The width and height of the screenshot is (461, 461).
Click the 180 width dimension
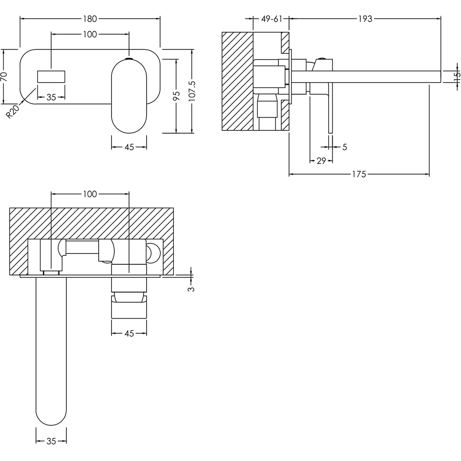pos(90,19)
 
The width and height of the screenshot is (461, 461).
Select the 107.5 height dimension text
pos(192,90)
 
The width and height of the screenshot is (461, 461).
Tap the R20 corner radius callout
pos(13,111)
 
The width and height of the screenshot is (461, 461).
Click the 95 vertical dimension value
pos(176,96)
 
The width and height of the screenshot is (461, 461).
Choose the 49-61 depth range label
pos(271,19)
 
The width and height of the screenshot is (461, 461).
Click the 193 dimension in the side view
pos(365,19)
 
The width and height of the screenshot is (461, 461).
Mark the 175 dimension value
pos(359,174)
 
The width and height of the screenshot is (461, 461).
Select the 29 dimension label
pos(321,160)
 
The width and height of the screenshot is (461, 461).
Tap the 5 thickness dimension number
pos(344,147)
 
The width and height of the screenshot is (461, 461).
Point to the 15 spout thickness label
pos(456,77)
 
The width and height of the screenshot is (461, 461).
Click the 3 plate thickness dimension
pos(192,289)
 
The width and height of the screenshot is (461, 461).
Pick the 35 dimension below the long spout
pos(51,441)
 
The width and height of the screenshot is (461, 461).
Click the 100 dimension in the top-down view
pos(90,194)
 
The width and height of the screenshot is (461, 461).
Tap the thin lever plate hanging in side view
pos(330,111)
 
